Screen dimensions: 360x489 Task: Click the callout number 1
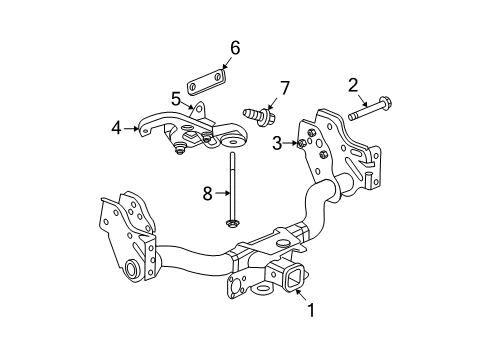[310, 311]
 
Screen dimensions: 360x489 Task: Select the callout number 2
[352, 85]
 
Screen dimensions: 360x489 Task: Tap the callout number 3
[278, 144]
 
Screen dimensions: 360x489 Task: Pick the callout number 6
[235, 47]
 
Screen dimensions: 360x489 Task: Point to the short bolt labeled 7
[258, 114]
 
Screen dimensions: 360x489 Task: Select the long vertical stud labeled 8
[231, 185]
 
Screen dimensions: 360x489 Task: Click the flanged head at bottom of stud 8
[232, 222]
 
